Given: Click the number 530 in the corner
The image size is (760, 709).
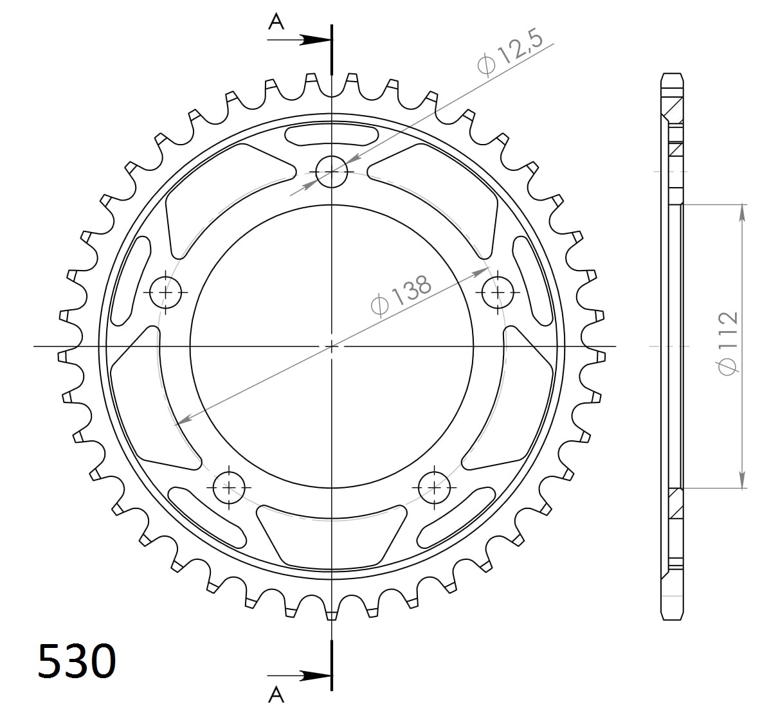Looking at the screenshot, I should click(x=77, y=660).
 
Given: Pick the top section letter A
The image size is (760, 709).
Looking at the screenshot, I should click(x=276, y=22).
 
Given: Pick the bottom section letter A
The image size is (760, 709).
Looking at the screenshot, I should click(x=276, y=694).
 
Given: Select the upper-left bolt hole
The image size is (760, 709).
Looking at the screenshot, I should click(x=166, y=292).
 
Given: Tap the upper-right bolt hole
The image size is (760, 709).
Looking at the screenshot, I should click(x=497, y=292).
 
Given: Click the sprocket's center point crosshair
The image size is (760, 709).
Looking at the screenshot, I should click(x=331, y=346).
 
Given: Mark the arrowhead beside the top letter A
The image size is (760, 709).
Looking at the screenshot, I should click(x=315, y=40).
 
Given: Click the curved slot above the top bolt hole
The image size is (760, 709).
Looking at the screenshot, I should click(x=331, y=136).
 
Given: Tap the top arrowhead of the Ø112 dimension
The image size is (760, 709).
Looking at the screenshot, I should click(x=743, y=213).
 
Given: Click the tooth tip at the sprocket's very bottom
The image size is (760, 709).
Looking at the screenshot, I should click(x=331, y=616).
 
